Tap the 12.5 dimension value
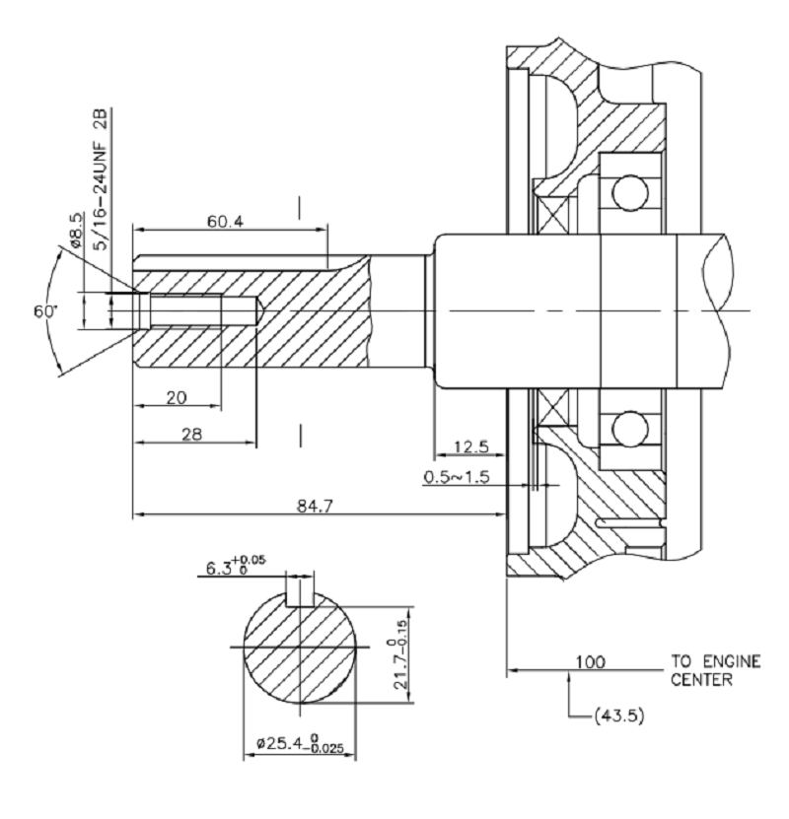(469, 447)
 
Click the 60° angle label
(46, 310)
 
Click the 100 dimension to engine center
(590, 662)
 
